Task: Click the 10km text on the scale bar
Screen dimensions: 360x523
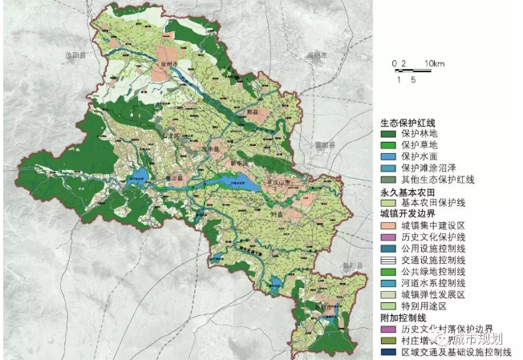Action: pos(435,63)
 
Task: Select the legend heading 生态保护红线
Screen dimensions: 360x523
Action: pos(407,122)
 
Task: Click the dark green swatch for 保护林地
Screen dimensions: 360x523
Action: pos(389,133)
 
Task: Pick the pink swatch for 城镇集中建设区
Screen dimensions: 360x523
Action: pos(389,227)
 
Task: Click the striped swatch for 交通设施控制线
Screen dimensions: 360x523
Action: pos(389,261)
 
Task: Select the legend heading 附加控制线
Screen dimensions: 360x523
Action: pos(403,318)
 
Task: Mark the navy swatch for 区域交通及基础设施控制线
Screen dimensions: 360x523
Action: pos(389,352)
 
